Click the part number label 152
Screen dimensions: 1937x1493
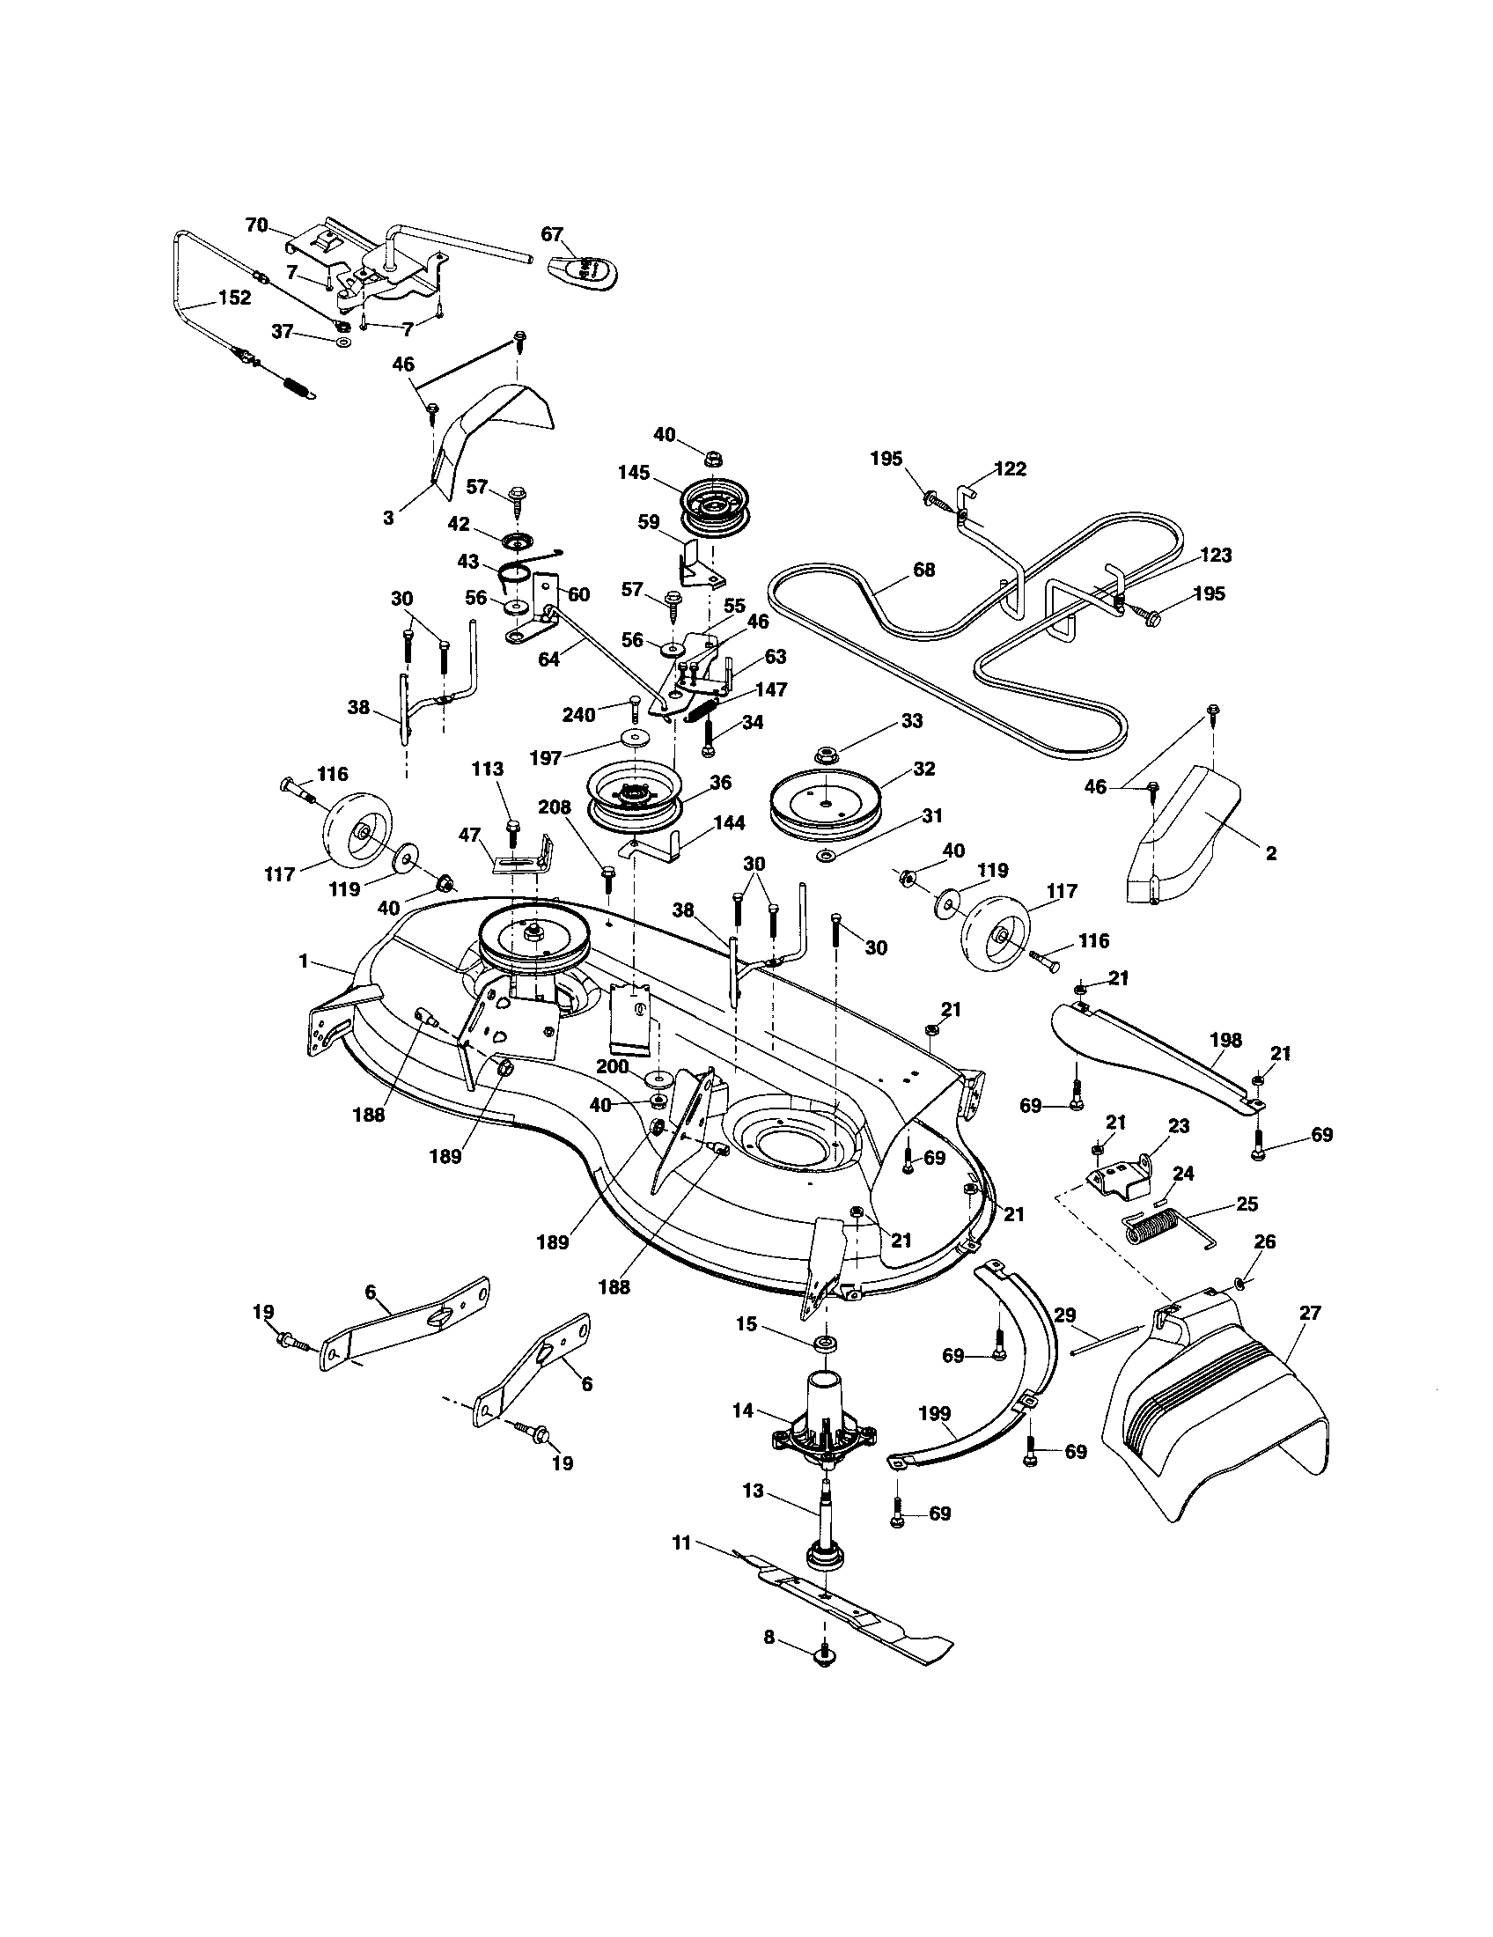pos(233,298)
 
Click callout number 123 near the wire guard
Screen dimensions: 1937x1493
pos(1216,556)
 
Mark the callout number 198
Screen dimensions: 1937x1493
pos(1226,1040)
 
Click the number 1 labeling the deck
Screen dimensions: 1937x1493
pos(303,961)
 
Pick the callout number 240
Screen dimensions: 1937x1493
pos(578,714)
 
